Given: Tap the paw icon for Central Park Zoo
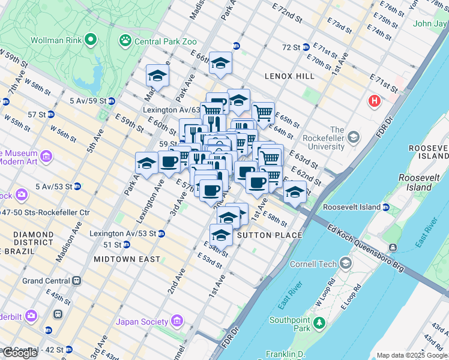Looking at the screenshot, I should tap(125, 41).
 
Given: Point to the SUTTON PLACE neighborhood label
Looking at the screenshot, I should tap(270, 235).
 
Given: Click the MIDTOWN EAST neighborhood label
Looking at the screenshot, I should tap(127, 259).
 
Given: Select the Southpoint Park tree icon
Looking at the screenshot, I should tap(320, 325).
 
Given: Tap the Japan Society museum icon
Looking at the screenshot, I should tap(176, 322).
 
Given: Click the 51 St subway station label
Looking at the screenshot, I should tap(112, 245).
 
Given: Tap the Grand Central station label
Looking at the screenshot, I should tap(46, 281).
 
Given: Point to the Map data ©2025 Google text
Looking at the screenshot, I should tap(411, 355).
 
